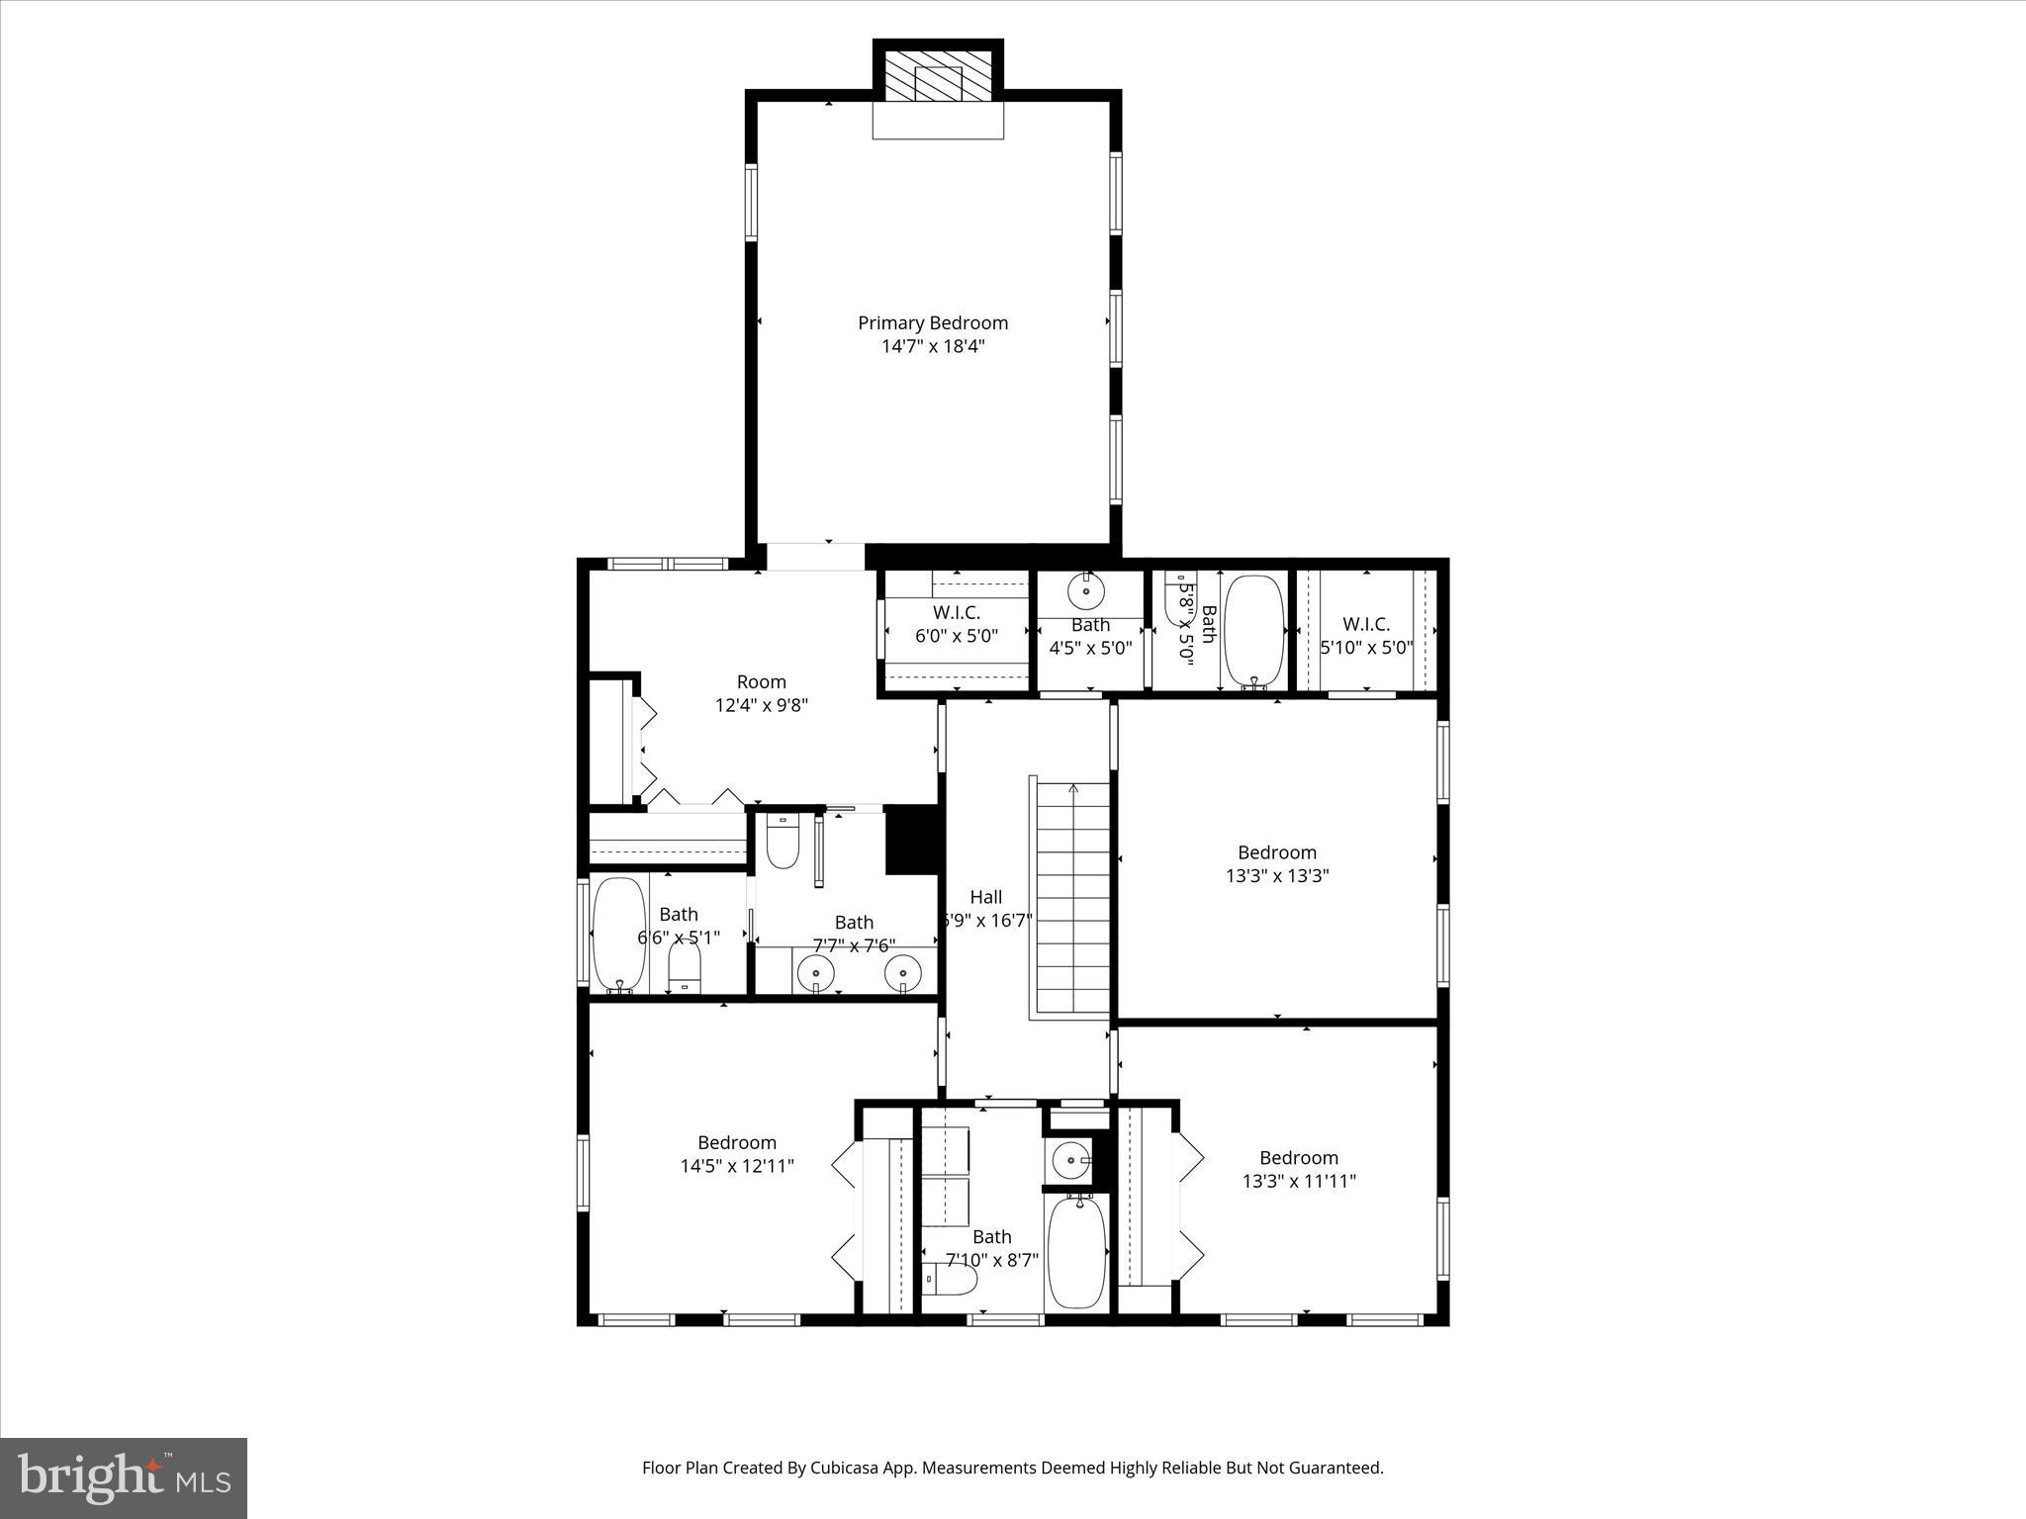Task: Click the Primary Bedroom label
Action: [932, 322]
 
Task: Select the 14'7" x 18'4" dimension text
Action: [933, 347]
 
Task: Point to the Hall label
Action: [985, 897]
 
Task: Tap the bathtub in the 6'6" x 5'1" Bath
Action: [619, 934]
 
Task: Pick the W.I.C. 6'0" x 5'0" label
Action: [956, 624]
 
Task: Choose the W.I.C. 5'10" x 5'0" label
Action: [1365, 636]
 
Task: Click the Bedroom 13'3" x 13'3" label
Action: [1276, 863]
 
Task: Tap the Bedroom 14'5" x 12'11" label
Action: [737, 1153]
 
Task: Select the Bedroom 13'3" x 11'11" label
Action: [1298, 1169]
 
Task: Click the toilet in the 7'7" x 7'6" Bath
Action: [783, 843]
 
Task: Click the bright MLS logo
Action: [124, 1478]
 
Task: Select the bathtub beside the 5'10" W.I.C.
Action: [1254, 630]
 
